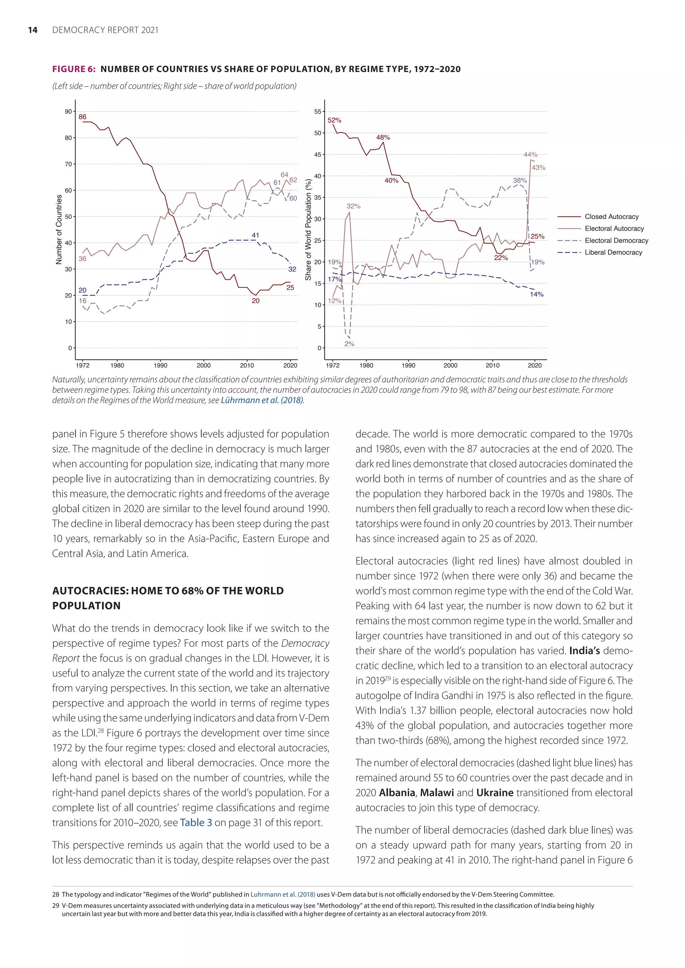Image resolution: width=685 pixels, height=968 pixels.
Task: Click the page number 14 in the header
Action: [32, 30]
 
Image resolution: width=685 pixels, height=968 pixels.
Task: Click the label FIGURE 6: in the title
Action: [74, 69]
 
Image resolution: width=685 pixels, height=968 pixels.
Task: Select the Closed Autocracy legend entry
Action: [611, 217]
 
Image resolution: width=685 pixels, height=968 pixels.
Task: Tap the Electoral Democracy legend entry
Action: [616, 241]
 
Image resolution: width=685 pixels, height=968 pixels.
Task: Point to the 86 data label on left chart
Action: [83, 117]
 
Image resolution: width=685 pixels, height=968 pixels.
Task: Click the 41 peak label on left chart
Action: [255, 235]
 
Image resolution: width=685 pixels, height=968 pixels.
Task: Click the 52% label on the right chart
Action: [334, 120]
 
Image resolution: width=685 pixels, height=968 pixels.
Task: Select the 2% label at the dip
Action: [349, 344]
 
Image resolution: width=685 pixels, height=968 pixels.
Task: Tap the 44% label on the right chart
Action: [530, 155]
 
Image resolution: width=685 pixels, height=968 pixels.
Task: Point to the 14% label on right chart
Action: [536, 294]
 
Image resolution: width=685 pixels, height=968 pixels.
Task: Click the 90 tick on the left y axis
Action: [68, 112]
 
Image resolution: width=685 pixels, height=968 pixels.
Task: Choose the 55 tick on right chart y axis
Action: [318, 112]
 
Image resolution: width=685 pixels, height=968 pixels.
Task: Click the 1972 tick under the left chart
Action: [83, 366]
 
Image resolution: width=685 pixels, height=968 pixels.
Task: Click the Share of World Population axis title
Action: [308, 230]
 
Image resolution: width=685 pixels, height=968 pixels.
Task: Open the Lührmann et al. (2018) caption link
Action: [262, 400]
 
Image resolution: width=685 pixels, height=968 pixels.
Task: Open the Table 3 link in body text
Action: [196, 823]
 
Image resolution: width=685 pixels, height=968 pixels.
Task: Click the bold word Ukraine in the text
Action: [494, 793]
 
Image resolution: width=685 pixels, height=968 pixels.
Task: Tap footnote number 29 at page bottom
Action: [56, 905]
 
